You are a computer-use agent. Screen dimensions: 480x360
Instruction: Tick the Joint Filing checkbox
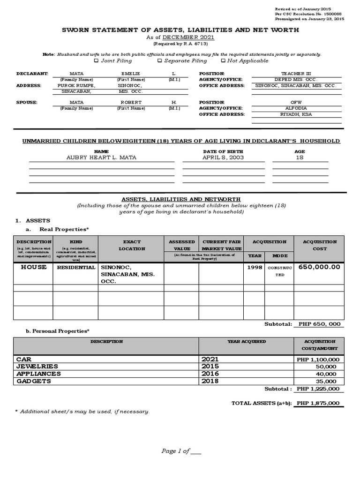[x=96, y=61]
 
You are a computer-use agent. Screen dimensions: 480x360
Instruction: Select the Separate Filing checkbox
[x=160, y=61]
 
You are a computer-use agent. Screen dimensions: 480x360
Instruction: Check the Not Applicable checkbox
[x=223, y=61]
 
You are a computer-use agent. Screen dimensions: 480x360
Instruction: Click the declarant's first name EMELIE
[x=131, y=74]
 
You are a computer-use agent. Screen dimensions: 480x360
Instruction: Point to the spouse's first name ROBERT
[x=131, y=102]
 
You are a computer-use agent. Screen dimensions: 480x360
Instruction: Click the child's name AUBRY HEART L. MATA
[x=102, y=158]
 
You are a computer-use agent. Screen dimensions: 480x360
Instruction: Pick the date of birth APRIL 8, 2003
[x=223, y=158]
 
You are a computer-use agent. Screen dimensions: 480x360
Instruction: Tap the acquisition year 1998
[x=255, y=267]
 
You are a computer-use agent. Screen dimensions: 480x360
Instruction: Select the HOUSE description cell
[x=33, y=267]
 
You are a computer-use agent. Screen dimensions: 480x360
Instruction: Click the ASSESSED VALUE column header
[x=182, y=245]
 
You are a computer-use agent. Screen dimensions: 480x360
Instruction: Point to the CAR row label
[x=23, y=359]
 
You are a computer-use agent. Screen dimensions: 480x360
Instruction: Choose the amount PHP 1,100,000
[x=317, y=359]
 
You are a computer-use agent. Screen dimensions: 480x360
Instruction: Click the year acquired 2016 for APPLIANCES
[x=210, y=374]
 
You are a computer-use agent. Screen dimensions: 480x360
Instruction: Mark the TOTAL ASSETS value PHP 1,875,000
[x=318, y=403]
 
